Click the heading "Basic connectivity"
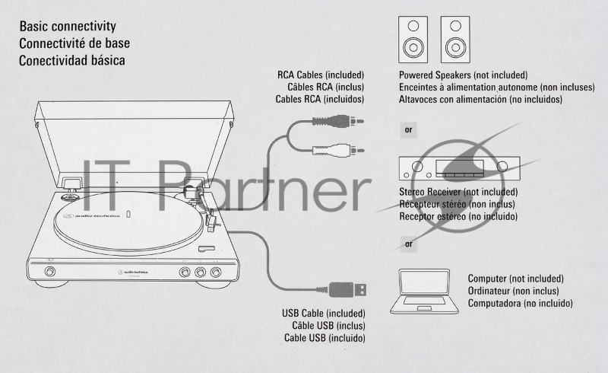click(x=68, y=27)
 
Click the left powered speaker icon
click(x=413, y=40)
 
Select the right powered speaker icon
click(x=455, y=40)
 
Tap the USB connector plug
click(x=347, y=289)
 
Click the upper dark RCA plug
click(x=338, y=121)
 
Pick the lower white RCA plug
click(x=338, y=150)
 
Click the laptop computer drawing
click(x=424, y=292)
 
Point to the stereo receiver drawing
click(x=460, y=168)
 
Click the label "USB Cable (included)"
click(x=324, y=313)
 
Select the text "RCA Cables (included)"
click(x=321, y=75)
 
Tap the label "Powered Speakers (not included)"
click(x=464, y=75)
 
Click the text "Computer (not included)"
click(x=516, y=279)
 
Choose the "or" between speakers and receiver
click(x=408, y=129)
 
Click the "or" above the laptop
click(x=409, y=244)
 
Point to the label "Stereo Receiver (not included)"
click(x=458, y=192)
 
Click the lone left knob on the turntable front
click(x=49, y=271)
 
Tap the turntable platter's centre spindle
click(x=128, y=215)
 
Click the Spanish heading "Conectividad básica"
click(x=72, y=61)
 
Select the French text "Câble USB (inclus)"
click(x=328, y=326)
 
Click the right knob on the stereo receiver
click(x=502, y=167)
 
